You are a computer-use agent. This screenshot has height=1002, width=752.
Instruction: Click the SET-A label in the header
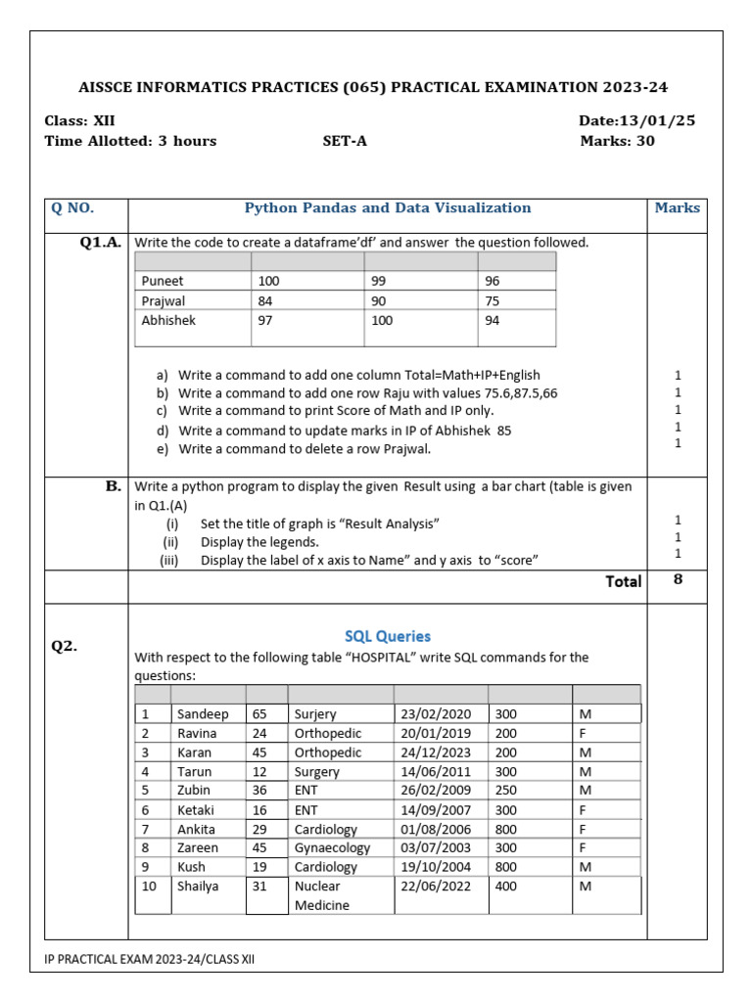coord(345,141)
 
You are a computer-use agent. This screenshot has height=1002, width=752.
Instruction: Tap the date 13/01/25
coord(636,120)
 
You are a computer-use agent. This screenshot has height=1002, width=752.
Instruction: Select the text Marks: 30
coord(617,141)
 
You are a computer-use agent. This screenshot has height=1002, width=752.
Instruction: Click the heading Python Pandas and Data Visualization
coord(387,207)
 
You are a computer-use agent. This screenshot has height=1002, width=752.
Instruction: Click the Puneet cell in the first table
coord(163,281)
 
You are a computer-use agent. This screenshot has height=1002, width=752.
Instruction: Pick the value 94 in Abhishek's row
coord(493,320)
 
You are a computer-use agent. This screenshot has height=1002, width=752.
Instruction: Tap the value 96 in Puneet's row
coord(493,281)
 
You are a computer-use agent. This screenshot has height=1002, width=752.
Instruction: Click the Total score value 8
coord(678,579)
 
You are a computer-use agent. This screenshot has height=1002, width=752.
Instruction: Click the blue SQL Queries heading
coord(387,636)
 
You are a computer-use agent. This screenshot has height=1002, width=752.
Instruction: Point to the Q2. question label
coord(65,646)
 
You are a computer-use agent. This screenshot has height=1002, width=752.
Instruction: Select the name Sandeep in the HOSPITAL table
coord(203,714)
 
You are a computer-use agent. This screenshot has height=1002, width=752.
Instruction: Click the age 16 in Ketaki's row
coord(259,809)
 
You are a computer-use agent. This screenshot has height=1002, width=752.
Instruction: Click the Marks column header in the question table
coord(678,207)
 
